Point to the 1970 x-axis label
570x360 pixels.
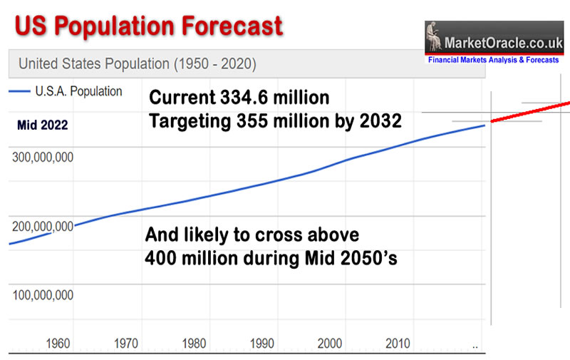(x=126, y=344)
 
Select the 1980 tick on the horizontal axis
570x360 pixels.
(x=195, y=344)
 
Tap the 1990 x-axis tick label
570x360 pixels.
(x=262, y=344)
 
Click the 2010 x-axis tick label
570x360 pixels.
(x=398, y=344)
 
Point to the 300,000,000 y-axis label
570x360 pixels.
(x=43, y=158)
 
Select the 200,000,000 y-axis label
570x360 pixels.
(x=43, y=227)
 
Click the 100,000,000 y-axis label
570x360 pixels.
(x=43, y=294)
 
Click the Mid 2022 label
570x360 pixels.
(x=43, y=126)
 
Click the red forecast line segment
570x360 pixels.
(x=531, y=113)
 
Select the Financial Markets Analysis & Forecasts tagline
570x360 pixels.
(x=493, y=61)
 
